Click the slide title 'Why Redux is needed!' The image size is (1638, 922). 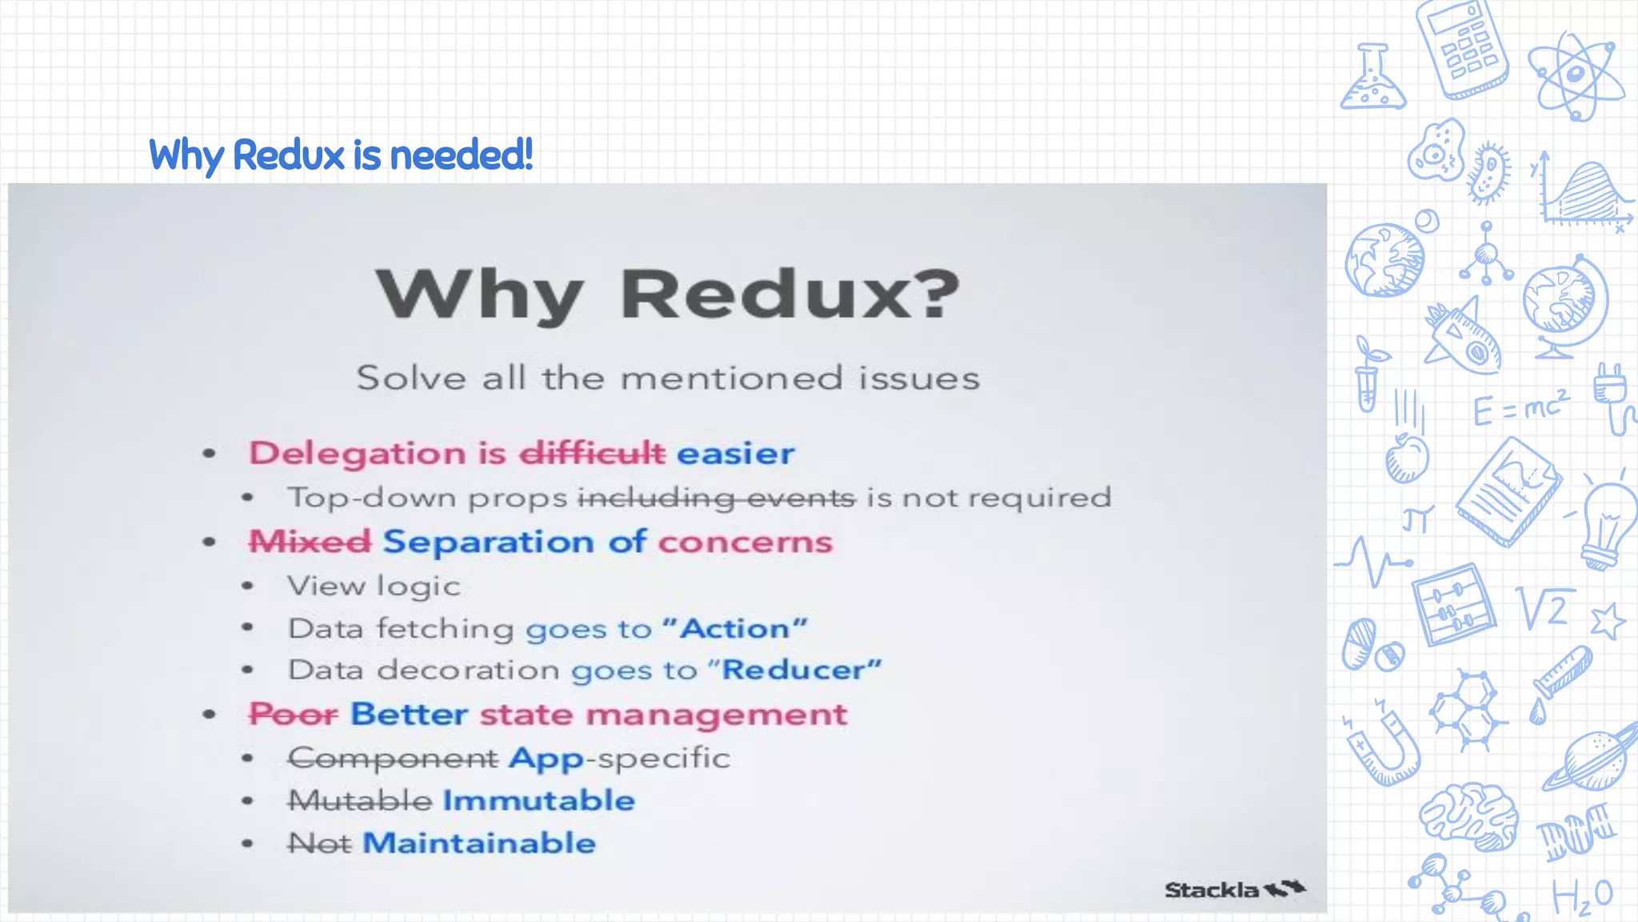coord(341,154)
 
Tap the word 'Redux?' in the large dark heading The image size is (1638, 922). coord(790,295)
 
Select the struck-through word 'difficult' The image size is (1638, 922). coord(592,453)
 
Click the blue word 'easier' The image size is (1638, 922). coord(736,453)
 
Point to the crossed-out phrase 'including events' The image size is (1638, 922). coord(717,498)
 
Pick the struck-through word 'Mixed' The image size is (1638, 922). coord(310,542)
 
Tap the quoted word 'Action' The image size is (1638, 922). coord(735,628)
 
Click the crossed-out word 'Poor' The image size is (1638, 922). coord(293,714)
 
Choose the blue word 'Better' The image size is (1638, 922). coord(409,714)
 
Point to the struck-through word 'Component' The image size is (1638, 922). coord(393,758)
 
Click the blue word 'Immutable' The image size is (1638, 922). coord(539,800)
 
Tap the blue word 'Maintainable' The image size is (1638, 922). coord(479,843)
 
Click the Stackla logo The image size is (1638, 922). coord(1234,889)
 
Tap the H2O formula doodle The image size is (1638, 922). coord(1582,896)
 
